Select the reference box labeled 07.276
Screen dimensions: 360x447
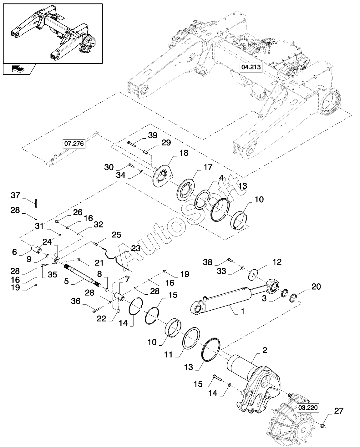pyautogui.click(x=74, y=144)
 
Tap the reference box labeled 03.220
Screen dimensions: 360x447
pyautogui.click(x=308, y=408)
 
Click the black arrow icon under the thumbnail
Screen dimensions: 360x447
pyautogui.click(x=18, y=69)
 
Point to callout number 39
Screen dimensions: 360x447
pyautogui.click(x=153, y=135)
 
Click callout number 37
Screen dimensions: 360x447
pyautogui.click(x=15, y=195)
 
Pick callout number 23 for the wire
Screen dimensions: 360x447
pyautogui.click(x=136, y=248)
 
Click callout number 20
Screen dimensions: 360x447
pyautogui.click(x=316, y=287)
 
